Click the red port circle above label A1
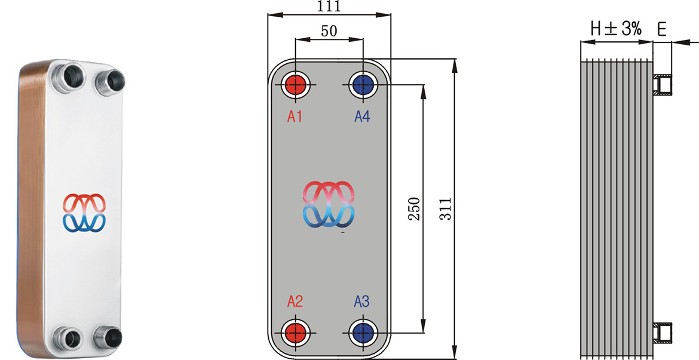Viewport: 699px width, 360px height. pyautogui.click(x=295, y=85)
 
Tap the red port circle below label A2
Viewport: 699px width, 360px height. pyautogui.click(x=295, y=331)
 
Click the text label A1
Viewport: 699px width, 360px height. pyautogui.click(x=295, y=116)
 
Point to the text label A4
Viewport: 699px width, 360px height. pyautogui.click(x=362, y=116)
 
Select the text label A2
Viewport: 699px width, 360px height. pyautogui.click(x=295, y=301)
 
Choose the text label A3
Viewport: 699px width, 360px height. pyautogui.click(x=362, y=301)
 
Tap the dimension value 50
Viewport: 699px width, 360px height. pyautogui.click(x=329, y=31)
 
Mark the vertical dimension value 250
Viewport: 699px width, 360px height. pyautogui.click(x=414, y=209)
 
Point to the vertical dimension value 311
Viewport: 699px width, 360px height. pyautogui.click(x=445, y=209)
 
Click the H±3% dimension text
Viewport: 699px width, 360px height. pyautogui.click(x=616, y=28)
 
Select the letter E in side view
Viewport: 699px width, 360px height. pyautogui.click(x=661, y=28)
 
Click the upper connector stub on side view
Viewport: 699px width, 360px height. pyautogui.click(x=663, y=85)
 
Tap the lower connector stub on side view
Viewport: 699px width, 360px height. pyautogui.click(x=663, y=331)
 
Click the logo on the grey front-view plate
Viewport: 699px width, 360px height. pyautogui.click(x=329, y=204)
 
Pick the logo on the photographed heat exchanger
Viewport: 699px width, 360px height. pyautogui.click(x=84, y=213)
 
